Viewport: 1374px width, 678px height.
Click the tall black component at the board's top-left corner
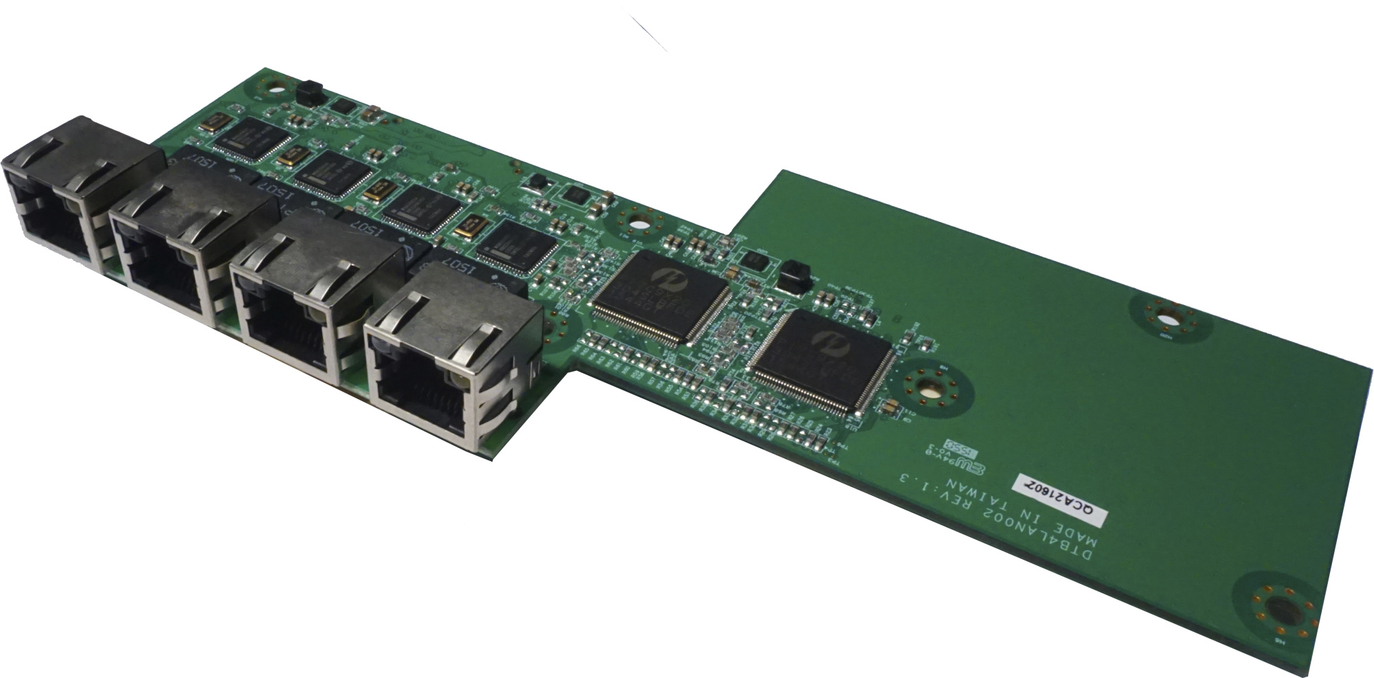pyautogui.click(x=308, y=89)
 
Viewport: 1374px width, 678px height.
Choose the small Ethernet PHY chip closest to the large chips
pyautogui.click(x=515, y=245)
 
